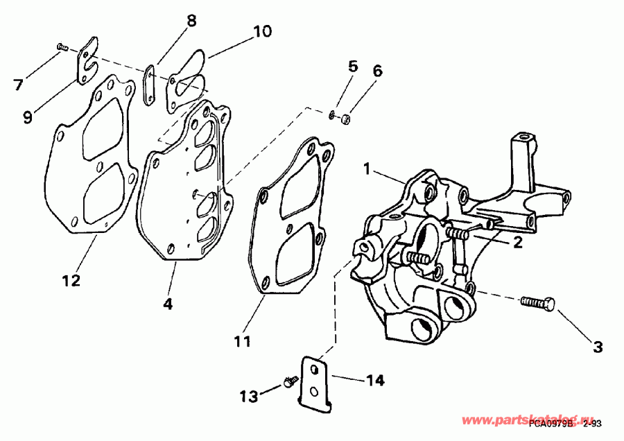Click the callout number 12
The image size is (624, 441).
pos(71,281)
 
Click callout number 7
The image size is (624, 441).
pos(18,85)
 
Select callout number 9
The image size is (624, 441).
pos(27,117)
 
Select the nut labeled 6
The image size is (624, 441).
pos(345,120)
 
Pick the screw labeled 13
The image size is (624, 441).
pos(290,381)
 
